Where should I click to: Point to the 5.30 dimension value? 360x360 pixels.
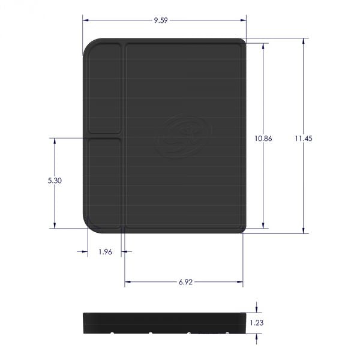[55, 180]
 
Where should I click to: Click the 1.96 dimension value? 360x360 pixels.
[105, 251]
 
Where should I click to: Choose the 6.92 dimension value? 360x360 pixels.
[184, 281]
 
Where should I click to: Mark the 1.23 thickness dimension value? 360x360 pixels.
[257, 322]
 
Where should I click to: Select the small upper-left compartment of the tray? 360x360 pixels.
[104, 88]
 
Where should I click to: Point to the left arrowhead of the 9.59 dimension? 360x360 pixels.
[85, 20]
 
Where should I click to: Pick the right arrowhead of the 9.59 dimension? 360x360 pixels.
[244, 20]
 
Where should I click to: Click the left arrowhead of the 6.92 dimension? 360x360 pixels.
[127, 281]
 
